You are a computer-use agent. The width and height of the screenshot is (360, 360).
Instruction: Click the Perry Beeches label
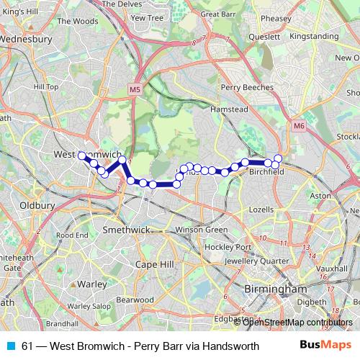pos(248,87)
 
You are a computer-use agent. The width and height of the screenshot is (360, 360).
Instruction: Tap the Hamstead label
pos(229,109)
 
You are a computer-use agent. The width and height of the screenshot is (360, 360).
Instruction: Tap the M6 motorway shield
pos(299,125)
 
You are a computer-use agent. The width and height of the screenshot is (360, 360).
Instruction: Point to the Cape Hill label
pos(155,264)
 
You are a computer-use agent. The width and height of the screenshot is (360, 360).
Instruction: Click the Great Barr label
pos(219,14)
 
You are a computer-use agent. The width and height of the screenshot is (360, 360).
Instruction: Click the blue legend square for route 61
pos(11,345)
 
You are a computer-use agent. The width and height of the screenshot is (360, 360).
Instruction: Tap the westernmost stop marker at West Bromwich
pos(82,156)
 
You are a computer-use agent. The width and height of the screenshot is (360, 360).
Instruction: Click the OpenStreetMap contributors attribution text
pos(297,322)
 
